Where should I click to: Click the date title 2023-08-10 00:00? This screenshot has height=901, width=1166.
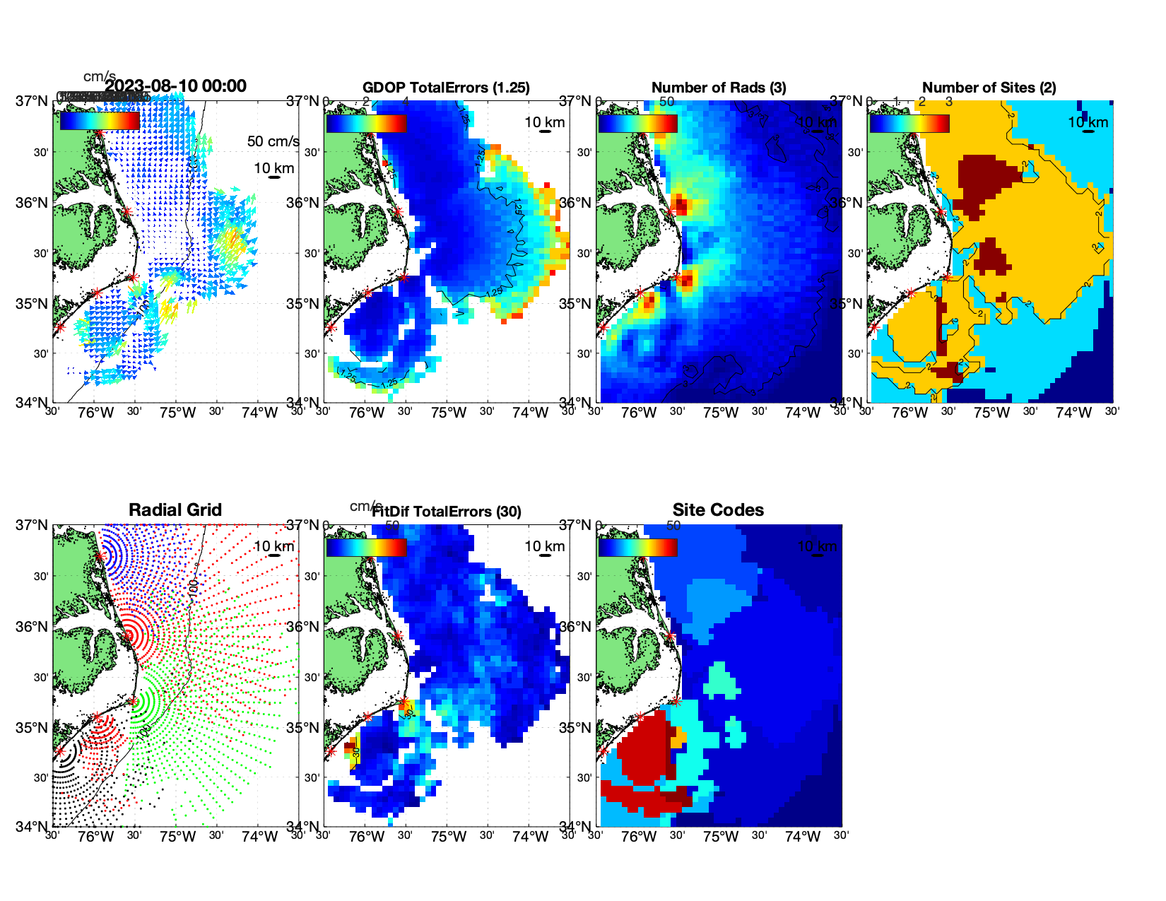click(175, 86)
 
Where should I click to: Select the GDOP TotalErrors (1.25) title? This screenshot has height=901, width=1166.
click(446, 88)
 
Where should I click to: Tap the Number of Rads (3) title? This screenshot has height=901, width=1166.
click(718, 88)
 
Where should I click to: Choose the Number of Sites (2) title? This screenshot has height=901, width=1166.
click(989, 88)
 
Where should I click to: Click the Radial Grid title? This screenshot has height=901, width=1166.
click(175, 510)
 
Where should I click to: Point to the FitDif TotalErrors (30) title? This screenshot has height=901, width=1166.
click(446, 512)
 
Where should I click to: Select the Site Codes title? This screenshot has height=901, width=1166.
click(718, 510)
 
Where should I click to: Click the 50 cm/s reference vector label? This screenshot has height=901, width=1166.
click(273, 141)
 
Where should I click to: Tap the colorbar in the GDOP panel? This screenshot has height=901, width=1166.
click(366, 123)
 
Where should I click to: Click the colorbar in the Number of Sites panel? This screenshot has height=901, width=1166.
click(909, 123)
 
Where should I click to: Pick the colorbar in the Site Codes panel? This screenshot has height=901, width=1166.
click(637, 547)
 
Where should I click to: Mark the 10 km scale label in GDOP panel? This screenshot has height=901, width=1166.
click(544, 122)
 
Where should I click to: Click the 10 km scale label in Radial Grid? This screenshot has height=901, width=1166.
click(273, 546)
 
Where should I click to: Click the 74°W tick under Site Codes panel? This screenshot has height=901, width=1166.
click(802, 837)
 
